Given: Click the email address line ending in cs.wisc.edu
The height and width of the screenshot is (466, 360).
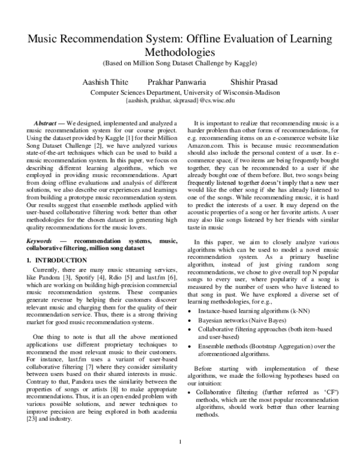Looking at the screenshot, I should coord(180,101).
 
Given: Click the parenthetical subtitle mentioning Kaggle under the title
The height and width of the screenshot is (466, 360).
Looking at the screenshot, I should coord(180,63).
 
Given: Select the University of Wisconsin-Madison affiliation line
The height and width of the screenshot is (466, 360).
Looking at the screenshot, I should coord(180,92).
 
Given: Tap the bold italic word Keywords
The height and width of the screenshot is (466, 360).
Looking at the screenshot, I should coord(42,222).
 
